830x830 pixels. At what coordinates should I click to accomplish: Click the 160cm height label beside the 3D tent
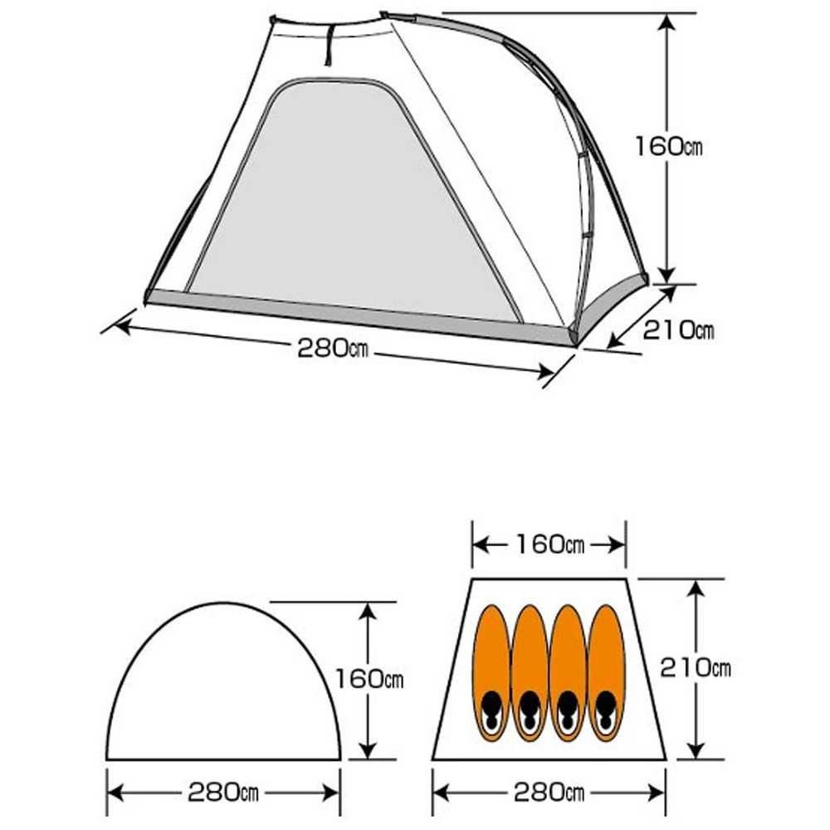point(668,145)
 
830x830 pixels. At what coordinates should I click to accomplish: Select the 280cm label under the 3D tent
point(333,349)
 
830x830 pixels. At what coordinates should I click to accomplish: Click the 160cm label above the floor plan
point(549,544)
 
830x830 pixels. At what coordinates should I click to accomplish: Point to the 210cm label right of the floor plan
point(695,668)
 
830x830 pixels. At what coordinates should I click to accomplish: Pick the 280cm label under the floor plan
point(549,793)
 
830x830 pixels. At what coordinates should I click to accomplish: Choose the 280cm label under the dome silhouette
point(222,793)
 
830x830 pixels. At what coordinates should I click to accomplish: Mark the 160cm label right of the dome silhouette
point(369,679)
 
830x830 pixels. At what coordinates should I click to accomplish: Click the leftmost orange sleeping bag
point(492,673)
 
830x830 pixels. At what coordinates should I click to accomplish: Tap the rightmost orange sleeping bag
point(606,673)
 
